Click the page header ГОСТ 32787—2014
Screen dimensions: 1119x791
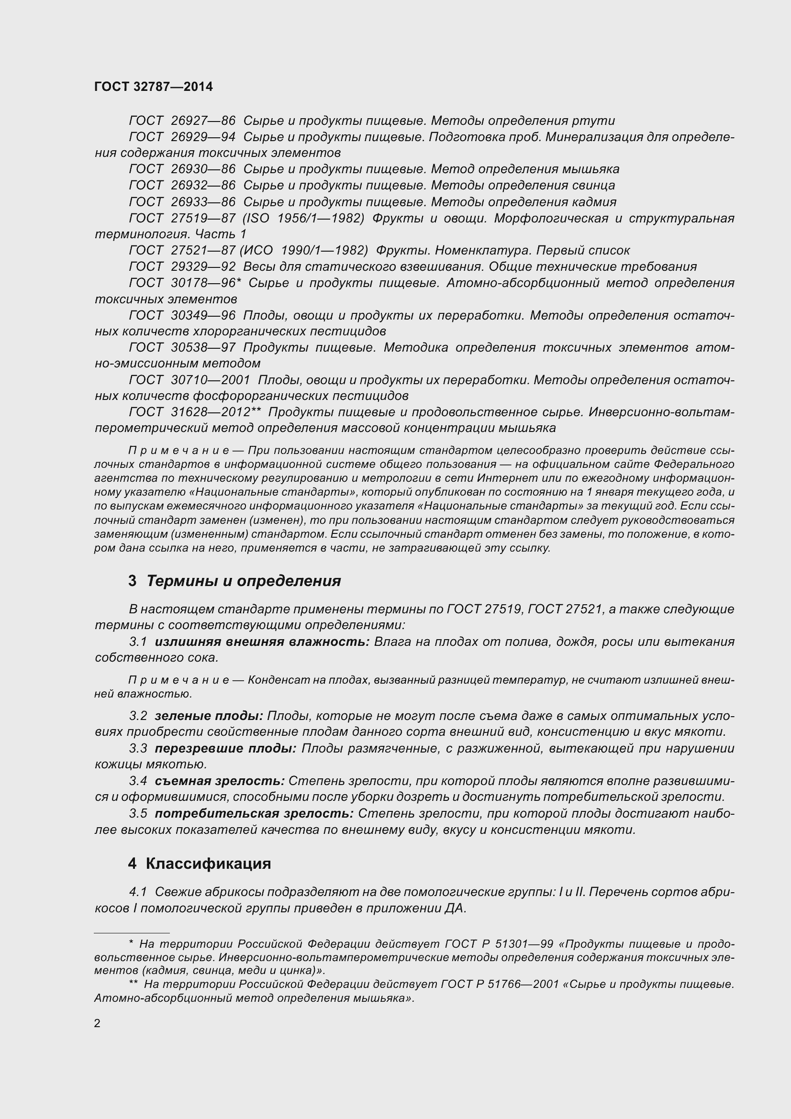tap(154, 87)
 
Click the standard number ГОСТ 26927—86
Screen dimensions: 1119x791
tap(182, 121)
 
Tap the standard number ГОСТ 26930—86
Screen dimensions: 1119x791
tap(182, 169)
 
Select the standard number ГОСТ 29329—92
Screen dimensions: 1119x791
tap(182, 266)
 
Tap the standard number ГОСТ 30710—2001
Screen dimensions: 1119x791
tap(189, 380)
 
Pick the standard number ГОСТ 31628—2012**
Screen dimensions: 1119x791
tap(195, 412)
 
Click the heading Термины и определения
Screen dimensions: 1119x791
tap(244, 581)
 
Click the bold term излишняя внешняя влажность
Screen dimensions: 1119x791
tap(262, 642)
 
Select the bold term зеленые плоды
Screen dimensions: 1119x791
tap(209, 716)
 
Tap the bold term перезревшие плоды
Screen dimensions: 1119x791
tap(225, 748)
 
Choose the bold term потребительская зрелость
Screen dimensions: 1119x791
tap(254, 813)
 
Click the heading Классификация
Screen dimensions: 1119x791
tap(208, 864)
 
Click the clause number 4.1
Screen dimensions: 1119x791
tap(138, 892)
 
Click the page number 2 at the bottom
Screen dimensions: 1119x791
tap(97, 1023)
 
